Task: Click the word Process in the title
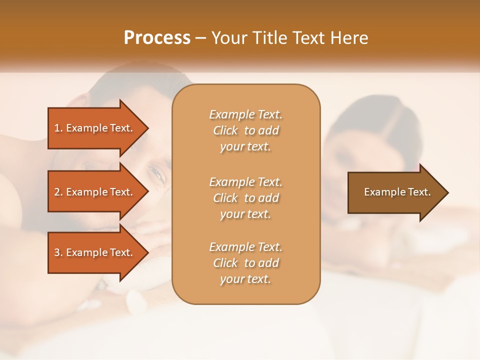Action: (x=157, y=38)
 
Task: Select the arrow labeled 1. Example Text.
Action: (x=95, y=128)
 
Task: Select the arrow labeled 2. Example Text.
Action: (x=95, y=192)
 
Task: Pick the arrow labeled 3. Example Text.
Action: (x=95, y=252)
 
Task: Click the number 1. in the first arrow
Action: (x=58, y=128)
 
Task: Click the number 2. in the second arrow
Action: (x=58, y=192)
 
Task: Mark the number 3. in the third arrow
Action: (x=58, y=252)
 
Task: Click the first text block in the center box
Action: (x=245, y=130)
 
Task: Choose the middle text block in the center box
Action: (x=245, y=198)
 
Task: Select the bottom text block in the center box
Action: (x=245, y=263)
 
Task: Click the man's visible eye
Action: (x=157, y=173)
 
